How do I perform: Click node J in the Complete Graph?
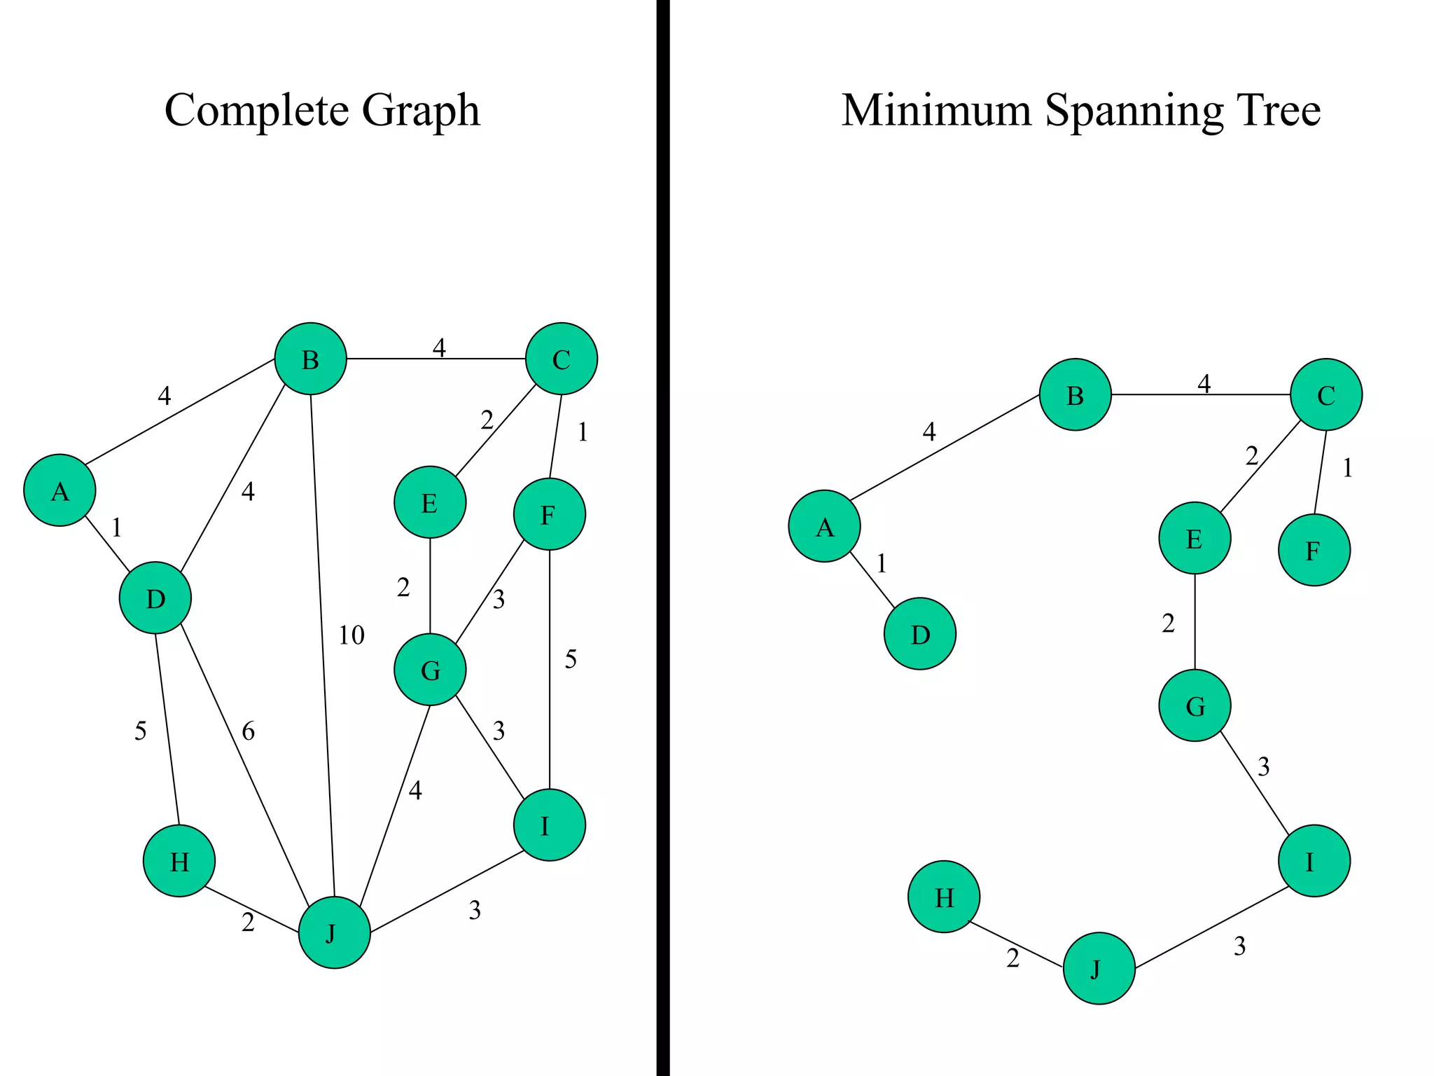click(x=334, y=932)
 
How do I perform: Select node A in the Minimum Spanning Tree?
click(x=824, y=526)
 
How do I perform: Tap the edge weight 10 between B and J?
click(x=351, y=635)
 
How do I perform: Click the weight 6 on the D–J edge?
click(x=249, y=731)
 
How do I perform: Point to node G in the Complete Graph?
click(x=430, y=670)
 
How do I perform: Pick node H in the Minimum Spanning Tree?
click(x=943, y=897)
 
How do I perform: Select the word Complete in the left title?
click(x=256, y=111)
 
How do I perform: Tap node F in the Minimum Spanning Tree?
click(x=1314, y=550)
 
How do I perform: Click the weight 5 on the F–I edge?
click(x=571, y=659)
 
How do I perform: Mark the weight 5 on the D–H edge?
click(x=141, y=731)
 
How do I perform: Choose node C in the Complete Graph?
click(x=562, y=359)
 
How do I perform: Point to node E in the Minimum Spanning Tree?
click(x=1195, y=538)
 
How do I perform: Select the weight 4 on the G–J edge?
click(x=415, y=791)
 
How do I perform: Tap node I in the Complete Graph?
click(x=549, y=825)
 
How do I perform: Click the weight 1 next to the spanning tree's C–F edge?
click(x=1347, y=468)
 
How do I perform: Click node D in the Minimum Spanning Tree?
click(x=919, y=634)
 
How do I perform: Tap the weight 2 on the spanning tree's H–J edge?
click(x=1012, y=958)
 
